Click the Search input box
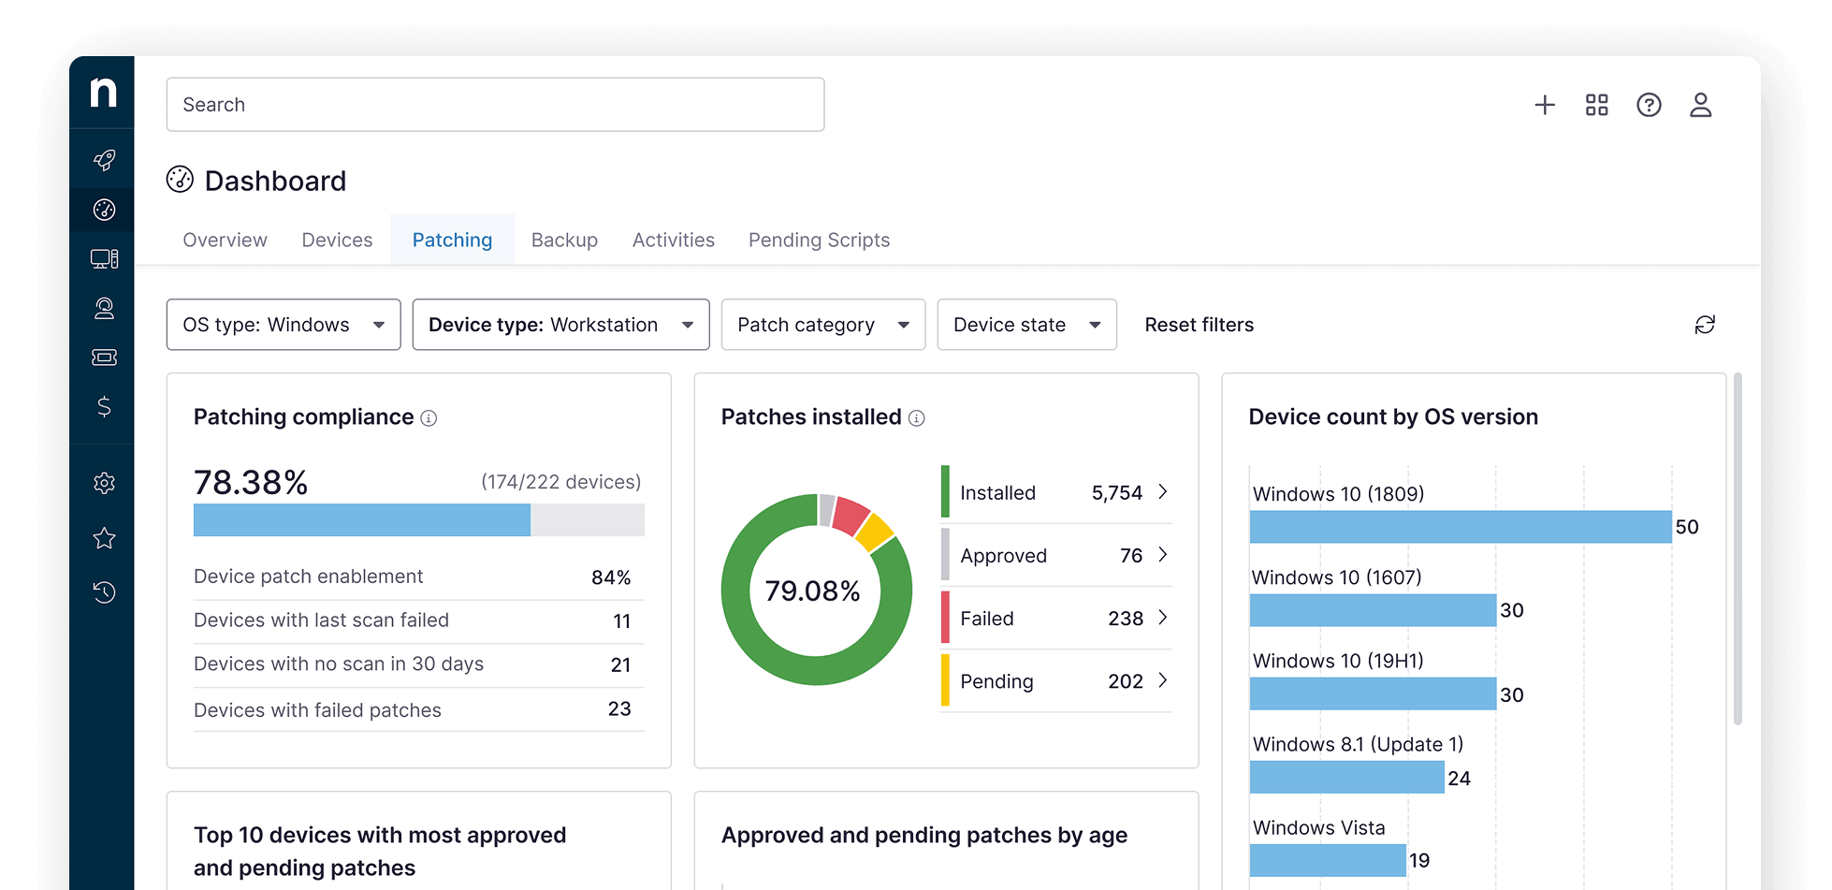pyautogui.click(x=495, y=105)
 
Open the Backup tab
pyautogui.click(x=564, y=241)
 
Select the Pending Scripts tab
pyautogui.click(x=819, y=241)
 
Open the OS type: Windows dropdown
pyautogui.click(x=284, y=325)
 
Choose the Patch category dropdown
pyautogui.click(x=822, y=325)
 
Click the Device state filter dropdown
pyautogui.click(x=1026, y=325)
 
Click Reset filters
pyautogui.click(x=1199, y=325)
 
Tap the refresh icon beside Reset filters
pyautogui.click(x=1705, y=325)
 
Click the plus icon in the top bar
pyautogui.click(x=1545, y=105)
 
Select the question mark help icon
pyautogui.click(x=1649, y=105)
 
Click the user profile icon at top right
pyautogui.click(x=1700, y=105)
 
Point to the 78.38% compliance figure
pyautogui.click(x=251, y=483)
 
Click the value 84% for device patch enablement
pyautogui.click(x=611, y=577)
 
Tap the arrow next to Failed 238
pyautogui.click(x=1163, y=618)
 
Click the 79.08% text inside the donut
pyautogui.click(x=812, y=591)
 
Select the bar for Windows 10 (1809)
pyautogui.click(x=1460, y=527)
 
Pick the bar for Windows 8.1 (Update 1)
pyautogui.click(x=1346, y=778)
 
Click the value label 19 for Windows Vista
pyautogui.click(x=1419, y=861)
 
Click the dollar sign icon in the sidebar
pyautogui.click(x=104, y=406)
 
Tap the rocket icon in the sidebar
pyautogui.click(x=104, y=160)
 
